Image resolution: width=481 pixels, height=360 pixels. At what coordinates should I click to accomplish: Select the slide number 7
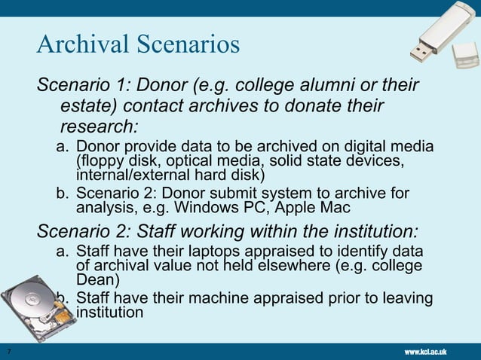7,352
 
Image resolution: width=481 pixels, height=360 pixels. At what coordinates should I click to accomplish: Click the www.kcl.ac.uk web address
426,352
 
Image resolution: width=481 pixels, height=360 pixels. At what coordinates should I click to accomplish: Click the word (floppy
103,160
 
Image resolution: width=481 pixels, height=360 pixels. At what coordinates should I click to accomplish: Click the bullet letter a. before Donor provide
63,147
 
